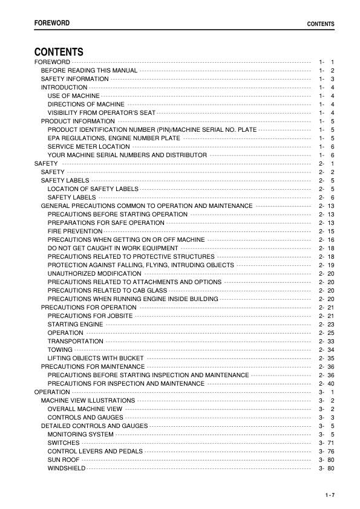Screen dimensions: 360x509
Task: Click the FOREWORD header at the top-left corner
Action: (51, 23)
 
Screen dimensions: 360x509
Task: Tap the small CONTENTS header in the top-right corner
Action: (321, 24)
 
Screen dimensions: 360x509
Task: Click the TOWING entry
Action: (60, 349)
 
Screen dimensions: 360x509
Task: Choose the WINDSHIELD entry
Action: (67, 468)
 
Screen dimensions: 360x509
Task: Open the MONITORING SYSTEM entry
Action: (80, 434)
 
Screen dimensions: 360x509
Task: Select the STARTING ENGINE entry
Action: (75, 324)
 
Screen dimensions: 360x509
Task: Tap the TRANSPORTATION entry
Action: (75, 341)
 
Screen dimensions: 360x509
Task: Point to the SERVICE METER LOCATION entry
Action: (88, 147)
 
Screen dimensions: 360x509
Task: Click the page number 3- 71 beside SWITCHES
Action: (327, 443)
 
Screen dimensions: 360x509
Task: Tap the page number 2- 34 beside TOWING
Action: (327, 349)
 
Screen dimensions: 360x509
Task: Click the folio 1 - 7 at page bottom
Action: (329, 496)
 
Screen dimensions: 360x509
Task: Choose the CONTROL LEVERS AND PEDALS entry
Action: (95, 451)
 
